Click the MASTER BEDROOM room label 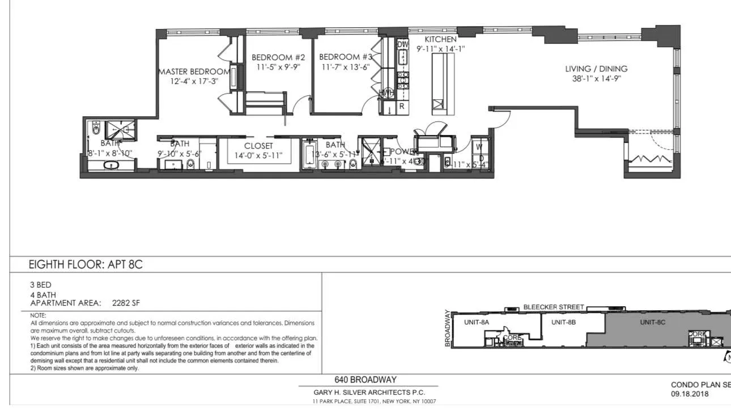click(194, 72)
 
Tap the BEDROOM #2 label click(278, 57)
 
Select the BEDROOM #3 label click(346, 57)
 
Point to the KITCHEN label click(440, 40)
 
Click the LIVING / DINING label click(596, 69)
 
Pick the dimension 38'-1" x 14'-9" click(596, 79)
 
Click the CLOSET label click(258, 146)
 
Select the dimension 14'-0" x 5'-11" click(259, 155)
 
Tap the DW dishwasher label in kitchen click(403, 44)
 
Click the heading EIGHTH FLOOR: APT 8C click(86, 265)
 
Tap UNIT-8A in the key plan click(477, 322)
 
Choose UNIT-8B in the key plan click(563, 322)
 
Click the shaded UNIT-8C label click(652, 322)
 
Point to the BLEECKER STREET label click(553, 307)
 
